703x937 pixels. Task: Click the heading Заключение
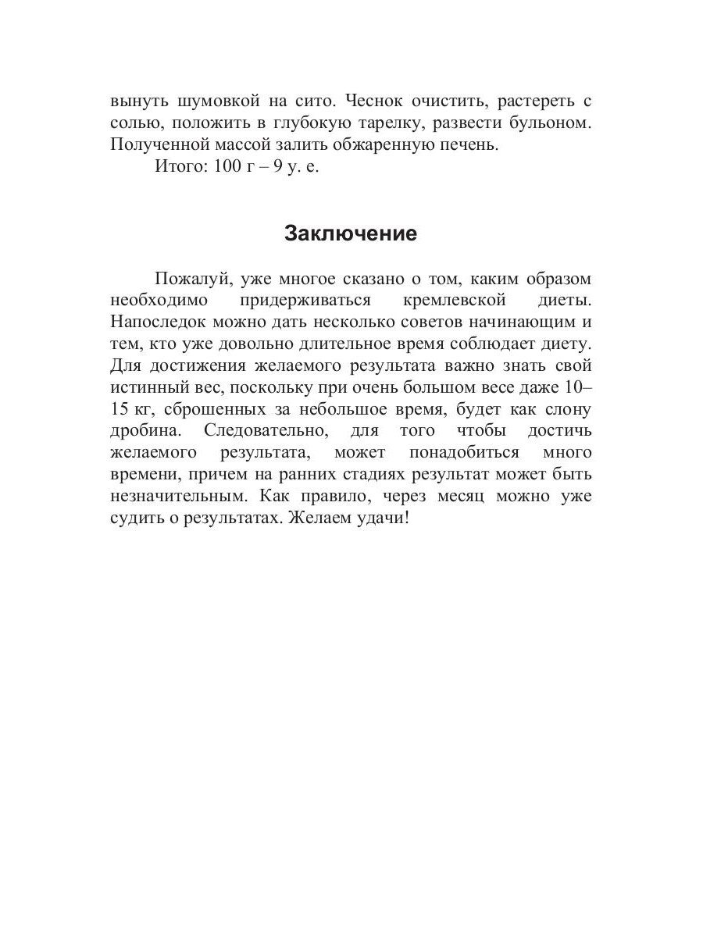pyautogui.click(x=351, y=233)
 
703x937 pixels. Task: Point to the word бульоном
pyautogui.click(x=551, y=123)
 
